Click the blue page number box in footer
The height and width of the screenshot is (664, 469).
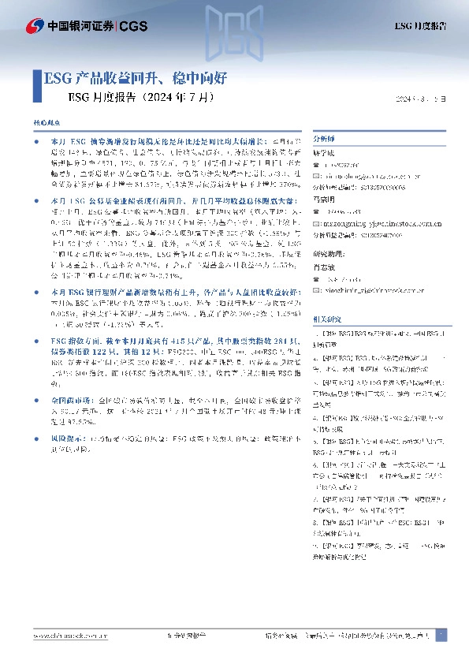click(x=441, y=635)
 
